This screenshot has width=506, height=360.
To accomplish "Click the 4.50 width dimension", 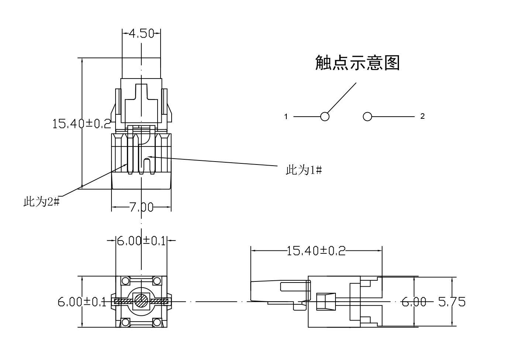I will click(141, 34).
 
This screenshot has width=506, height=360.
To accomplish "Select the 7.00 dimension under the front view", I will click(141, 207).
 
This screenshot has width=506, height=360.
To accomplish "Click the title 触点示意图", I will click(357, 63).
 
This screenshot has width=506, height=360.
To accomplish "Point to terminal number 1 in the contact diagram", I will click(286, 117).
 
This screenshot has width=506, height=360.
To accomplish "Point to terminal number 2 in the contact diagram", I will click(423, 117).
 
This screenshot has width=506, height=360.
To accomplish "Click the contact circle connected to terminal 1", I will click(325, 117).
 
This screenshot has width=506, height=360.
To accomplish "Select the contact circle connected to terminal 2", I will click(367, 117).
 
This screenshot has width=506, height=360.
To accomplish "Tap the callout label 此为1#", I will click(304, 170).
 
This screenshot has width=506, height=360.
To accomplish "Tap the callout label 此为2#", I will click(41, 202).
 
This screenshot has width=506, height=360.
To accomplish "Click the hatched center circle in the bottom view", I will click(141, 301).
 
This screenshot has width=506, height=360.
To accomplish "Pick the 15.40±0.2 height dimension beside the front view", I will click(82, 123).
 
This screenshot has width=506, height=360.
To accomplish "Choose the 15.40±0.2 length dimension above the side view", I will click(316, 251).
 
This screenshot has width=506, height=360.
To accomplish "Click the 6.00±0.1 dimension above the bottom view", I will click(141, 240).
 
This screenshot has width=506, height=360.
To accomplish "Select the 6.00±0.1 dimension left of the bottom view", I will click(82, 302).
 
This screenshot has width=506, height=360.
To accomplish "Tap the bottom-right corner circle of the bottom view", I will click(157, 322).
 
